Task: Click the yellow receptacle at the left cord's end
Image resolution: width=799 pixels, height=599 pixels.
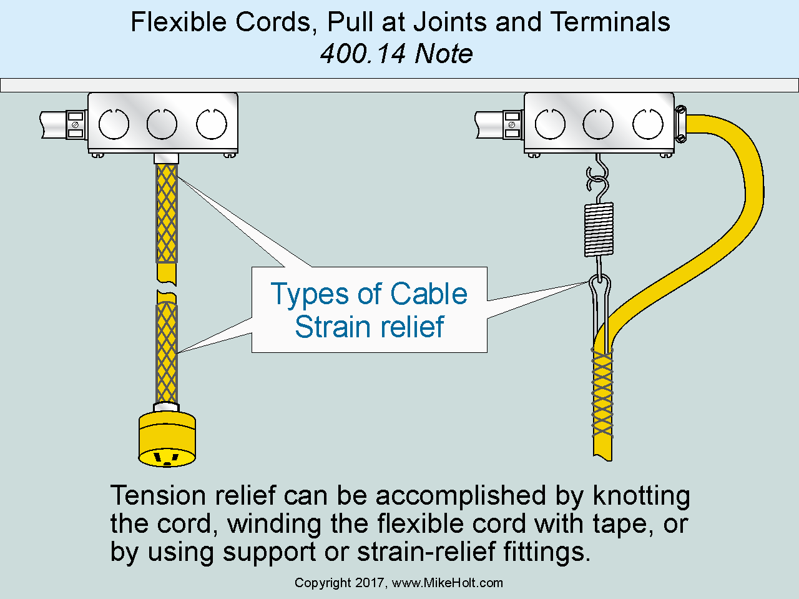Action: [167, 439]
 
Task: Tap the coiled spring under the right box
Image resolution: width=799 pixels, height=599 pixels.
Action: [599, 229]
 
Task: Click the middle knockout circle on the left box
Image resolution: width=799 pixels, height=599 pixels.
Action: [162, 124]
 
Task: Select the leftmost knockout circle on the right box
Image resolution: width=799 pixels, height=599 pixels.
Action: [550, 124]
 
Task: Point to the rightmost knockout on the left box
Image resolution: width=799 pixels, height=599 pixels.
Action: [212, 124]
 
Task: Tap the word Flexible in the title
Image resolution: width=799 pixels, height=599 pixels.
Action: [179, 22]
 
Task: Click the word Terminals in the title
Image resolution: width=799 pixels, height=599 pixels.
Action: [610, 22]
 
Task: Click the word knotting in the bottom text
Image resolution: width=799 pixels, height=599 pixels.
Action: [641, 496]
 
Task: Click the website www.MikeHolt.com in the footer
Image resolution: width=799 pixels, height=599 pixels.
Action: [448, 583]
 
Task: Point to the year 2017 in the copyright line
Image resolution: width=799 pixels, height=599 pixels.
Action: [372, 583]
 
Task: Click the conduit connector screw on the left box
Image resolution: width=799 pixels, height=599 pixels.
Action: [76, 124]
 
